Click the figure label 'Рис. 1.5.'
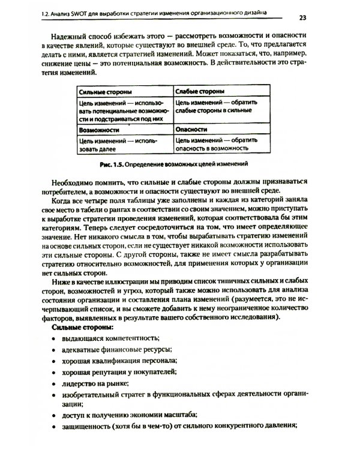[x=115, y=163]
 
